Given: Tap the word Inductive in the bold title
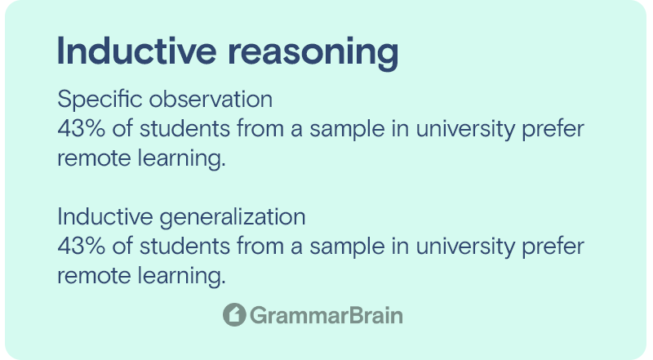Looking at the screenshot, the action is pyautogui.click(x=136, y=51).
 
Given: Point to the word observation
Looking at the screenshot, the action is pyautogui.click(x=211, y=99).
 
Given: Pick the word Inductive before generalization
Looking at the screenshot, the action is pyautogui.click(x=105, y=216).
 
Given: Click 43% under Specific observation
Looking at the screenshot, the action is pyautogui.click(x=81, y=128).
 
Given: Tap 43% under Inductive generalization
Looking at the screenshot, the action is pyautogui.click(x=81, y=246).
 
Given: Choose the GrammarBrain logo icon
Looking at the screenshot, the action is pyautogui.click(x=234, y=314).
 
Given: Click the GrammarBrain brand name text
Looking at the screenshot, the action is pyautogui.click(x=326, y=315).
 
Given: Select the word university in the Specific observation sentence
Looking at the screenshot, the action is pyautogui.click(x=465, y=129).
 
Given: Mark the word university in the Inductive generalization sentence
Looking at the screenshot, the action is pyautogui.click(x=465, y=247).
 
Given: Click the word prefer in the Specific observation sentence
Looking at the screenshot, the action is pyautogui.click(x=553, y=129).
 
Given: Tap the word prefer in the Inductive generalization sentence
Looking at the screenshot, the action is pyautogui.click(x=553, y=247).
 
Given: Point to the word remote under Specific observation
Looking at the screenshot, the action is pyautogui.click(x=94, y=159).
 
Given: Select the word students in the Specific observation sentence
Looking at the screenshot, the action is pyautogui.click(x=184, y=128).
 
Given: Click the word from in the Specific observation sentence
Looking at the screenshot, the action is pyautogui.click(x=260, y=128).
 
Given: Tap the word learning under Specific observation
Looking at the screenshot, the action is pyautogui.click(x=181, y=159).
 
